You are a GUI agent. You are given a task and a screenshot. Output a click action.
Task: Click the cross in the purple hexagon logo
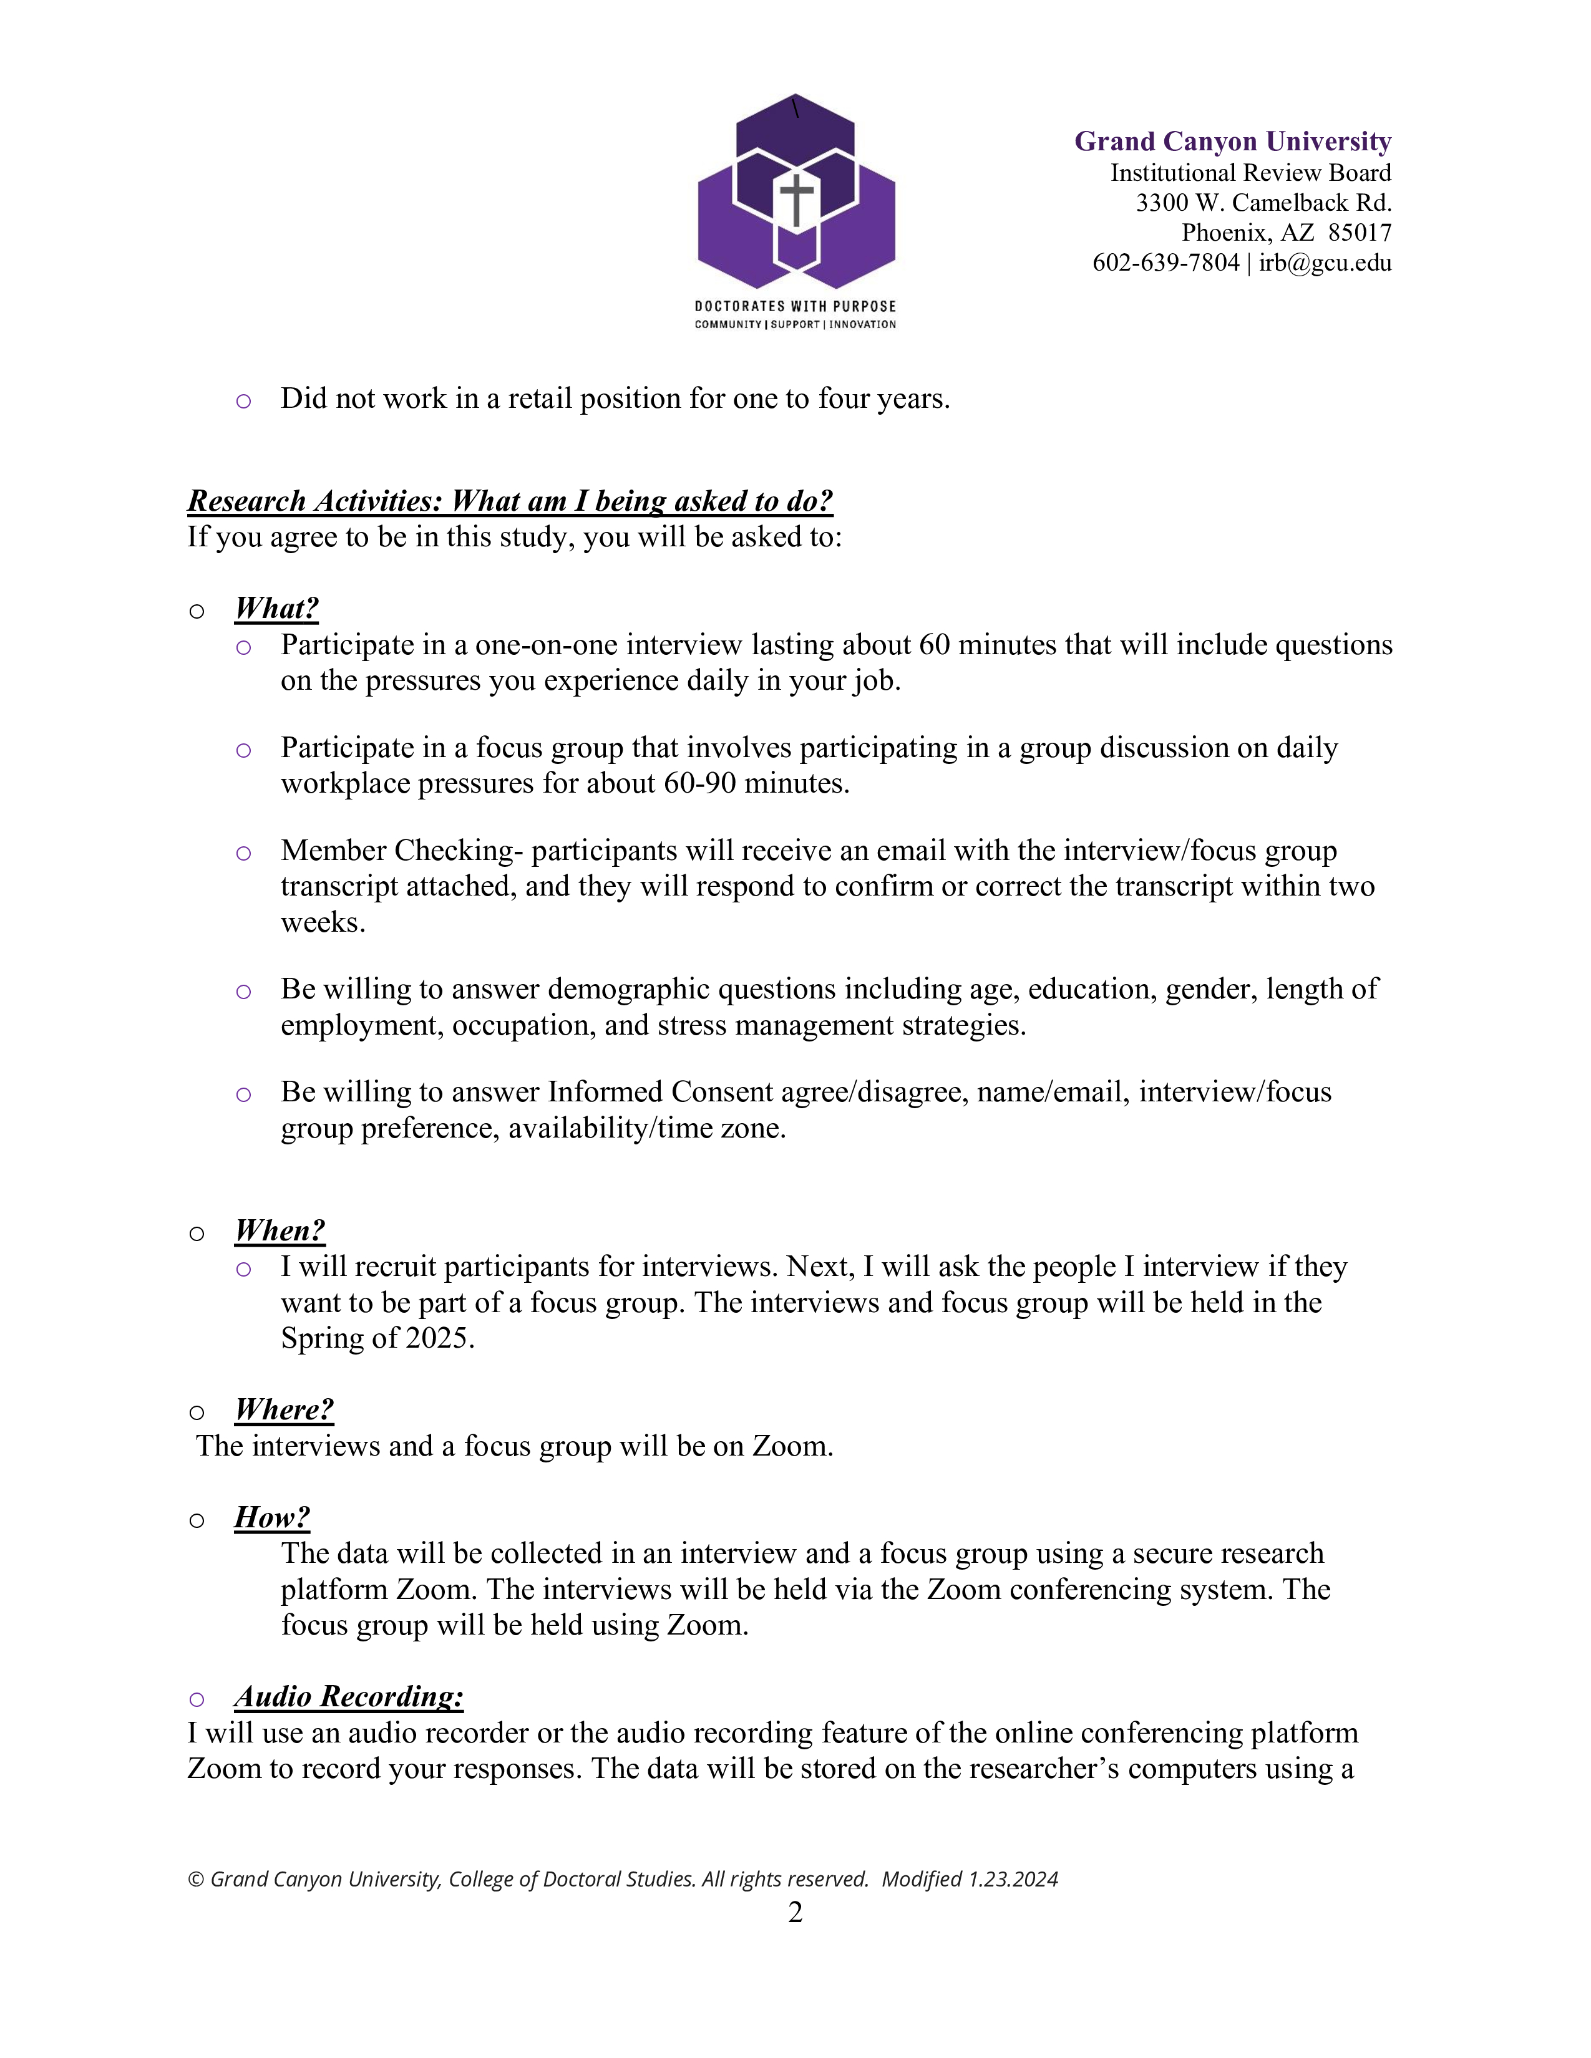tap(797, 200)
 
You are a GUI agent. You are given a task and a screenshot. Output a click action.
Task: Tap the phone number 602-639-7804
tap(1165, 263)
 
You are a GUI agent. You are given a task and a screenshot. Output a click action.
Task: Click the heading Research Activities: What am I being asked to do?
tap(510, 501)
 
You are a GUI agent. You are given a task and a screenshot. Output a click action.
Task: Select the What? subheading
tap(276, 609)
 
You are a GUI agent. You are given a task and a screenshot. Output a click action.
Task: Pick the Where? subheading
tap(284, 1409)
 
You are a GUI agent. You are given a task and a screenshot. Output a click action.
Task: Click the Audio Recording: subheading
tap(349, 1696)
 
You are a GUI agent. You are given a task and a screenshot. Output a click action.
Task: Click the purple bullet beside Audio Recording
tap(196, 1699)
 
